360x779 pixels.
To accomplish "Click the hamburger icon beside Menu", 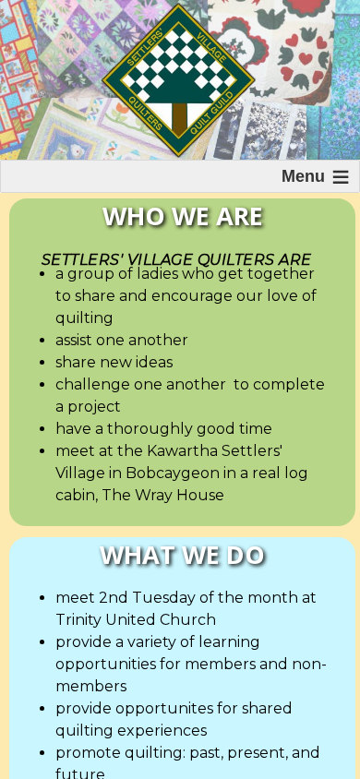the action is coord(341,177).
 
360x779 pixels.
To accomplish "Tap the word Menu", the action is coord(303,176).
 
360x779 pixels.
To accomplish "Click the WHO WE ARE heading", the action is coord(182,217).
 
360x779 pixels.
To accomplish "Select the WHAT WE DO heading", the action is coord(182,556).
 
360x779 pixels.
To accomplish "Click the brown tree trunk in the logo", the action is coord(179,120).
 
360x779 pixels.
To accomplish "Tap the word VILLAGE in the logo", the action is coord(212,48).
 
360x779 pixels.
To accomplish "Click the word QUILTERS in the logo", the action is coord(146,114).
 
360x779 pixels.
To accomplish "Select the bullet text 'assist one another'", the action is coord(122,340).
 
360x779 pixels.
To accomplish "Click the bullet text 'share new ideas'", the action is coord(114,362).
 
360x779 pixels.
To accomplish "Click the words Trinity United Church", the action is coord(136,619).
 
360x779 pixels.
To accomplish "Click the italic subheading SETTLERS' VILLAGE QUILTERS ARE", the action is coord(175,259).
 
